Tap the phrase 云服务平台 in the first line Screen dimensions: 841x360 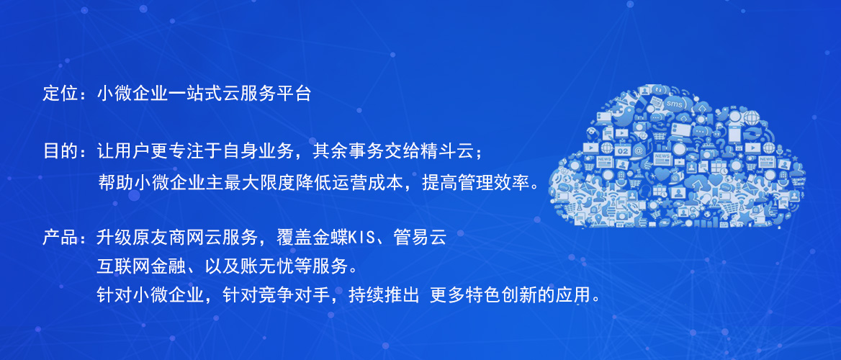click(x=266, y=94)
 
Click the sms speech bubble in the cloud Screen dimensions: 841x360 click(x=674, y=104)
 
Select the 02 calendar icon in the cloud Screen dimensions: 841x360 click(x=623, y=150)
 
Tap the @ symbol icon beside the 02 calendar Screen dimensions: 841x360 click(x=639, y=150)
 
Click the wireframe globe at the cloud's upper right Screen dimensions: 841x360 click(x=752, y=117)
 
